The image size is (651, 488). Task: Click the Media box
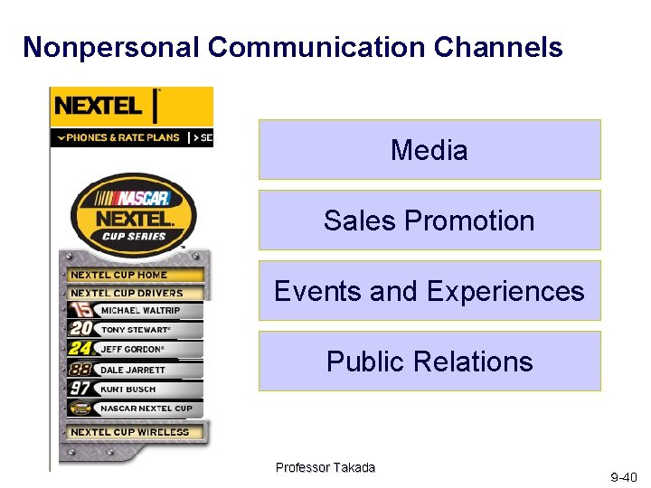pyautogui.click(x=429, y=150)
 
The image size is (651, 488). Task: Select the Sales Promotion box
pyautogui.click(x=429, y=221)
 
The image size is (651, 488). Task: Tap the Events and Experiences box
pyautogui.click(x=429, y=291)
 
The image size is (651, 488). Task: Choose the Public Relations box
pyautogui.click(x=429, y=361)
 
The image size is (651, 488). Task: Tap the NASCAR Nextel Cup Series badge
pyautogui.click(x=133, y=211)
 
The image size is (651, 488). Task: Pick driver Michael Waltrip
pyautogui.click(x=140, y=310)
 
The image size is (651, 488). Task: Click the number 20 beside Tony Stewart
pyautogui.click(x=80, y=329)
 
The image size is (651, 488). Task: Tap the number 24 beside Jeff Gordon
pyautogui.click(x=80, y=349)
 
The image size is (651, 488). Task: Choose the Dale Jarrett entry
pyautogui.click(x=133, y=370)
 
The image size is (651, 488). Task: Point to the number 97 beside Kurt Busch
pyautogui.click(x=80, y=389)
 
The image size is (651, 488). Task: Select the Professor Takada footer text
pyautogui.click(x=325, y=467)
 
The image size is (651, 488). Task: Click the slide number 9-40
pyautogui.click(x=623, y=477)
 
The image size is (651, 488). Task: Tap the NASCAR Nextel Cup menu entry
pyautogui.click(x=146, y=408)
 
